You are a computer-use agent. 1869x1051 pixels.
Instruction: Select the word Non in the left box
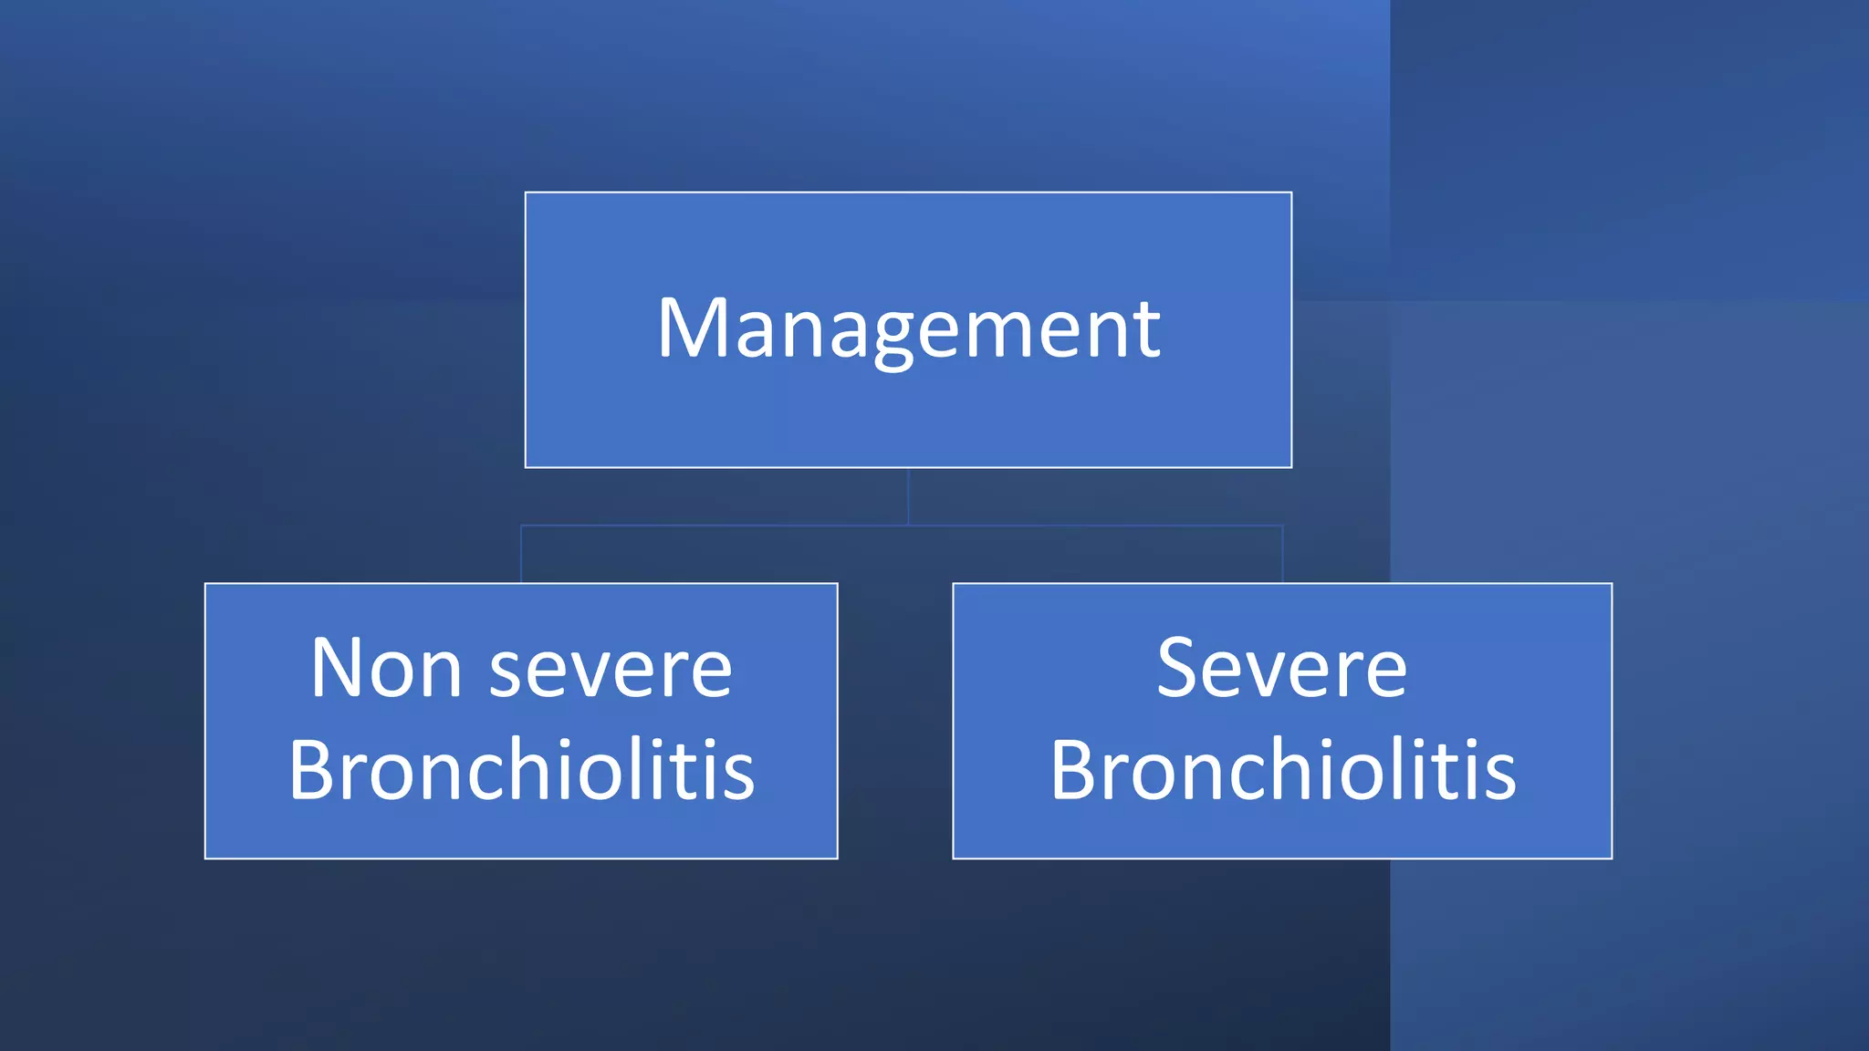[x=385, y=669]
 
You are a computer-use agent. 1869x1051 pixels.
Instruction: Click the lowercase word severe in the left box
[x=611, y=672]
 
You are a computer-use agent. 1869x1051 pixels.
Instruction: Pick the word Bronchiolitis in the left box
[x=521, y=770]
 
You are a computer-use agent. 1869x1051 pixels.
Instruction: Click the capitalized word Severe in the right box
[x=1281, y=669]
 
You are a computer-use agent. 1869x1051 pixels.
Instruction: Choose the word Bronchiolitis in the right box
[x=1282, y=770]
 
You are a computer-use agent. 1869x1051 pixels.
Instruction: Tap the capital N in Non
[x=339, y=669]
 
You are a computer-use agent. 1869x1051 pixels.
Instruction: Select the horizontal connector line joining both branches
[x=712, y=525]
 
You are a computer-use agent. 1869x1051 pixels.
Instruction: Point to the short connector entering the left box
[x=521, y=555]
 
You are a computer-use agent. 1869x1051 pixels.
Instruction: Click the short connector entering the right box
[x=1282, y=555]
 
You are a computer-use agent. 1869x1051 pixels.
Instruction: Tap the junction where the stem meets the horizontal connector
[x=908, y=525]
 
